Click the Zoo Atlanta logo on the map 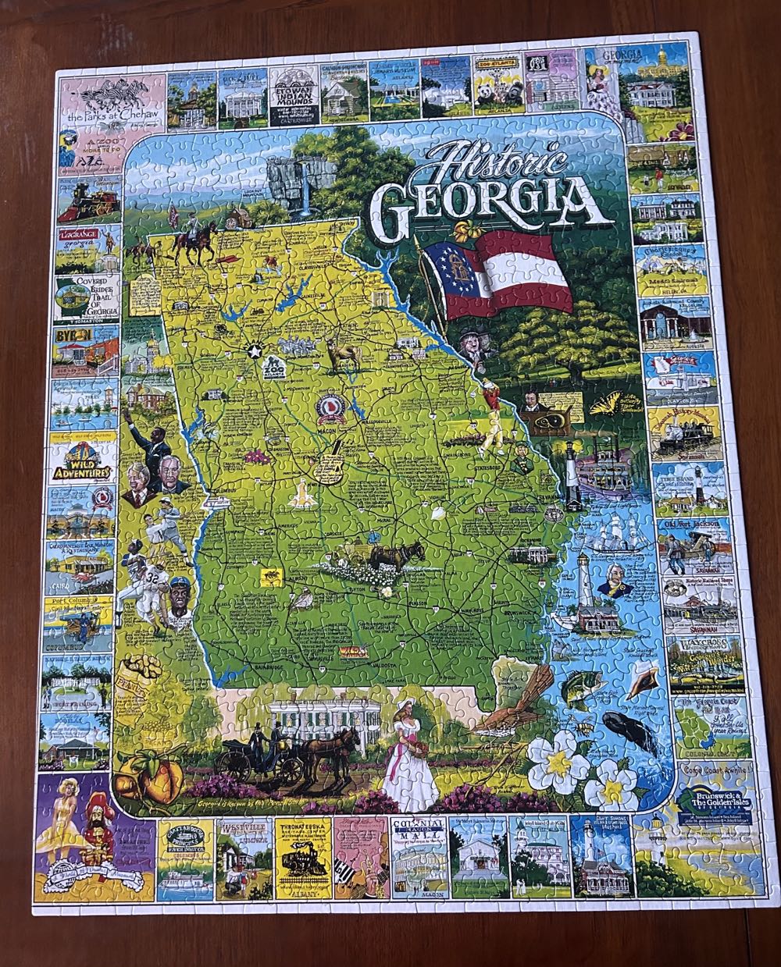[x=273, y=366]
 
